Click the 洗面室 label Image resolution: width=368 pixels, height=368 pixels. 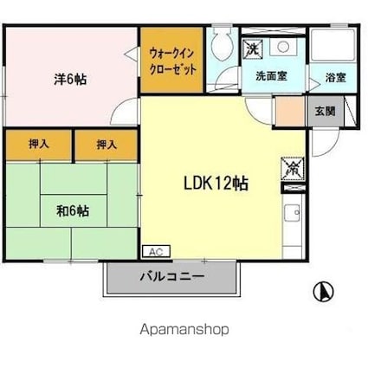tap(272, 75)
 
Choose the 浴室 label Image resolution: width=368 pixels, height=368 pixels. tap(336, 76)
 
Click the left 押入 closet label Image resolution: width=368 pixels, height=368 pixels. tap(39, 145)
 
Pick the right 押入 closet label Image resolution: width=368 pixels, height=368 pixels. tap(107, 145)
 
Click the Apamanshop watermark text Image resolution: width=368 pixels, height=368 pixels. tap(184, 330)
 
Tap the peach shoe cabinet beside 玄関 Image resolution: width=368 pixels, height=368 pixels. tap(286, 110)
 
